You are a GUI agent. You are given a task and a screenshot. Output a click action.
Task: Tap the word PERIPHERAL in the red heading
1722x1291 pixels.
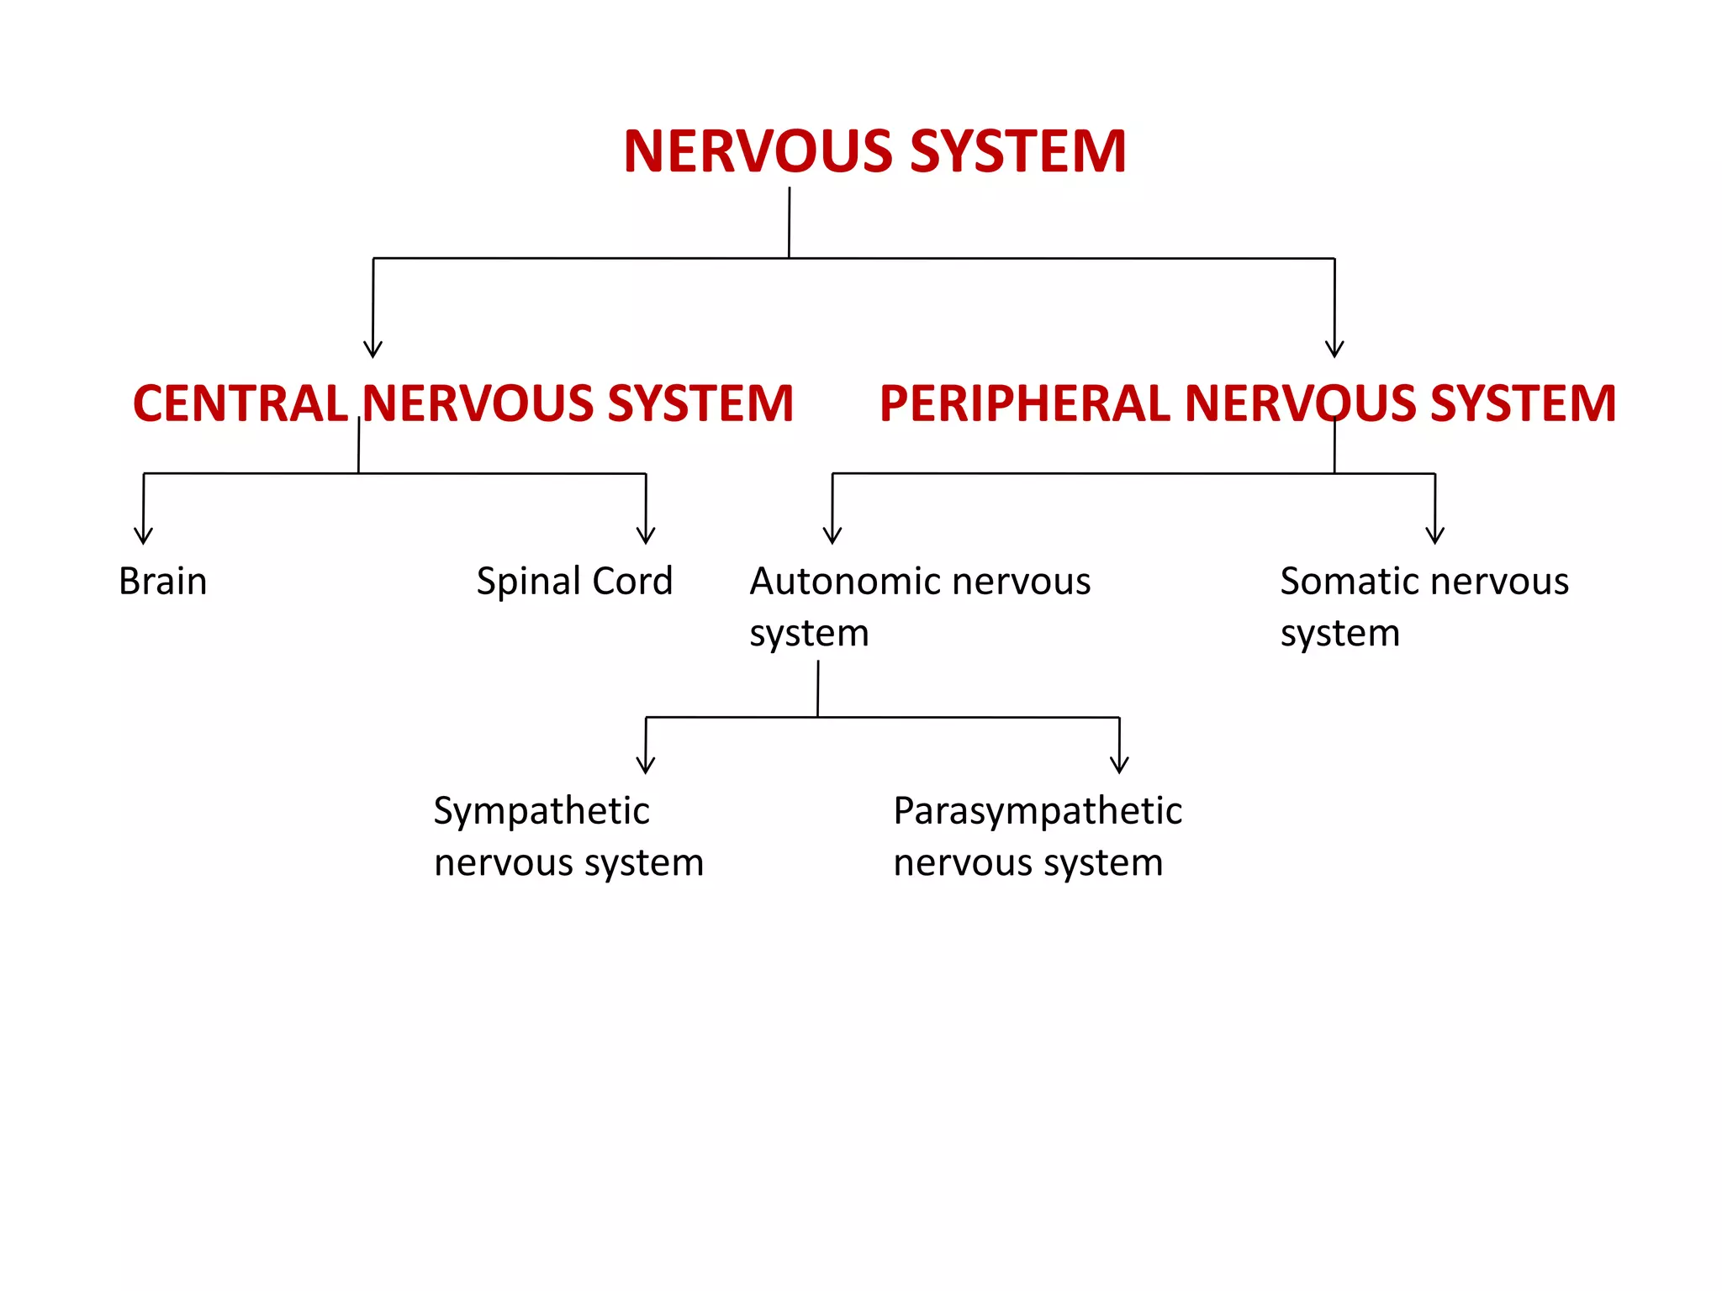pos(1024,403)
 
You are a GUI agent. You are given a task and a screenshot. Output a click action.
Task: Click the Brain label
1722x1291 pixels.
pos(162,582)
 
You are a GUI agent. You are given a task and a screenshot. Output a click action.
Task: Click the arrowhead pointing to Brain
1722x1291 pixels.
pos(144,536)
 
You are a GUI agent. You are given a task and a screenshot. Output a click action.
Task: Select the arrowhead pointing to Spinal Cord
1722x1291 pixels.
pos(646,536)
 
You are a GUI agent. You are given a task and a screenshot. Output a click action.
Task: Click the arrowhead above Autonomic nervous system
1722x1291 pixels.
pos(832,536)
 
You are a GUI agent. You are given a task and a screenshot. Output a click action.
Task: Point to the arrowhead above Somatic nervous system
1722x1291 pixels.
pos(1435,536)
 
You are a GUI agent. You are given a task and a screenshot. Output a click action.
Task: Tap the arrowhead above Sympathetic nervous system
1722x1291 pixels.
pos(646,766)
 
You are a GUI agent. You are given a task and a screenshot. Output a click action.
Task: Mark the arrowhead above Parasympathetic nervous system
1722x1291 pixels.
pos(1119,766)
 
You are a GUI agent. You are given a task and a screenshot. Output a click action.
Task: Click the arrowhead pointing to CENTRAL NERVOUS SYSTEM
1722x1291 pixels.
pos(373,350)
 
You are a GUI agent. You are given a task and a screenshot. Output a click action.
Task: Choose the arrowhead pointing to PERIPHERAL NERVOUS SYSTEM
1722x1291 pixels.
pos(1334,350)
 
